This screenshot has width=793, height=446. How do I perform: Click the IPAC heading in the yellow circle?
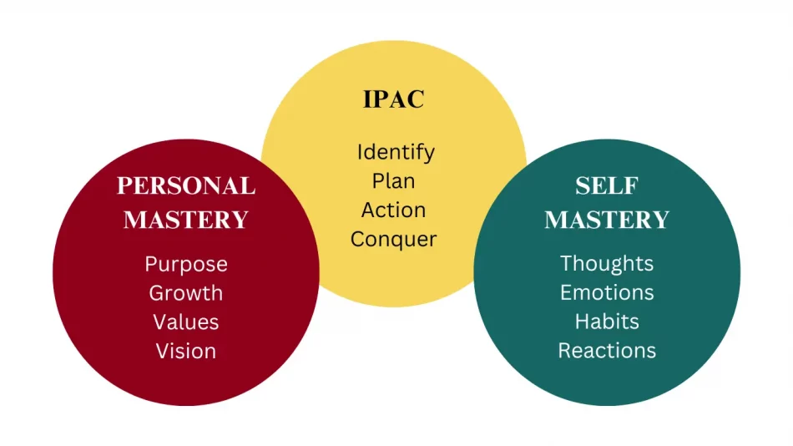[394, 99]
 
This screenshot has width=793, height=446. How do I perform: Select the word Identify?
[396, 153]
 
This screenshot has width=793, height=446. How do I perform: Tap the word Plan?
[394, 181]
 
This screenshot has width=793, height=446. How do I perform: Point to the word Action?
[394, 210]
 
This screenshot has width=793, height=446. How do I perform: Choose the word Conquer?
[394, 239]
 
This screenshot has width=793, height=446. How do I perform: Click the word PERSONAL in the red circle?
[186, 185]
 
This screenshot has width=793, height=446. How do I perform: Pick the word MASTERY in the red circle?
[186, 220]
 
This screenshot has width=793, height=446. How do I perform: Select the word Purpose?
[186, 264]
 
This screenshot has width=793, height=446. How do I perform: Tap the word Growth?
[186, 293]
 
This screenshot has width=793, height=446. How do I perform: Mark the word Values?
[186, 322]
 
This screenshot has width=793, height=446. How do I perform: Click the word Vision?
[186, 351]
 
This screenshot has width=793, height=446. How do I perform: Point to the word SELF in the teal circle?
[607, 185]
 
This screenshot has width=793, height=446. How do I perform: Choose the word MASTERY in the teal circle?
[607, 220]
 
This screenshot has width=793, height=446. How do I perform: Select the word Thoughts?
[607, 263]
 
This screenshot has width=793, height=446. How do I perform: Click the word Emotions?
[607, 292]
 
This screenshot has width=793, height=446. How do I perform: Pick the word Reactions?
[607, 350]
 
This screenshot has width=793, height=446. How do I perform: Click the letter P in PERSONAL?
[124, 185]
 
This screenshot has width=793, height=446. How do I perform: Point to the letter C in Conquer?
[358, 239]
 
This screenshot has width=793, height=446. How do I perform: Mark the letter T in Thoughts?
[566, 263]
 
